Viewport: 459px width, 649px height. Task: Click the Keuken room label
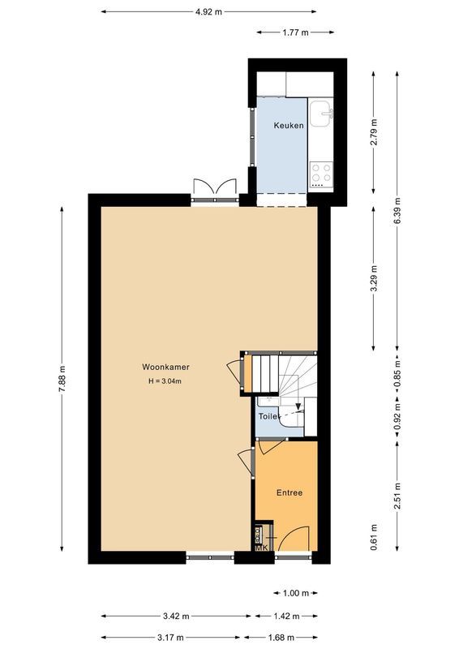coord(288,126)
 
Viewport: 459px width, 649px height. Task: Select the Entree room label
coord(290,492)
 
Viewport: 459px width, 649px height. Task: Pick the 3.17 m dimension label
coord(170,637)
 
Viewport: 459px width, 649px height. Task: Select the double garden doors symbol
coord(214,187)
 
